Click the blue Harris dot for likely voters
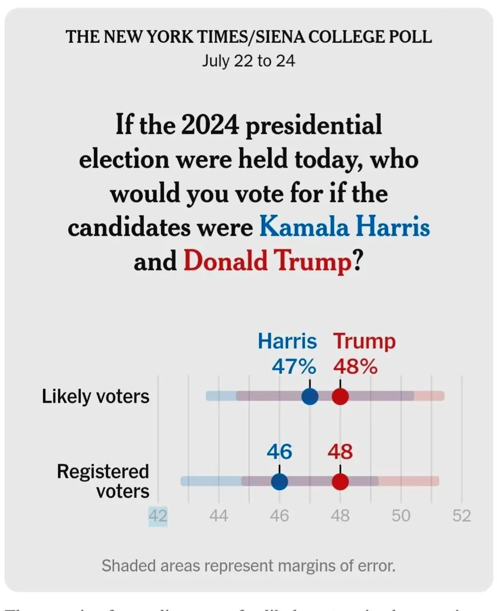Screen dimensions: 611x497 pyautogui.click(x=309, y=396)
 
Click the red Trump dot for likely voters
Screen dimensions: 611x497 pyautogui.click(x=340, y=396)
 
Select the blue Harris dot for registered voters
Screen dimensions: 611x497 pyautogui.click(x=279, y=481)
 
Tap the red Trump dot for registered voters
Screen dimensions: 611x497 pyautogui.click(x=340, y=481)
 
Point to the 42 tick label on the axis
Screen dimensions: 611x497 pyautogui.click(x=158, y=516)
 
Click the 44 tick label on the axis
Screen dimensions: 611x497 pyautogui.click(x=219, y=516)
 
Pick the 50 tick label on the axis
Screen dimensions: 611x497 pyautogui.click(x=401, y=516)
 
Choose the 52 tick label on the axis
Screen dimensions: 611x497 pyautogui.click(x=462, y=516)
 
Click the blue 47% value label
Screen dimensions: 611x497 pyautogui.click(x=293, y=366)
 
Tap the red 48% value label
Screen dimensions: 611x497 pyautogui.click(x=355, y=366)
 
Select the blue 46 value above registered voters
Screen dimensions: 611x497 pyautogui.click(x=279, y=452)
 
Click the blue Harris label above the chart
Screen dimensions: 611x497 pyautogui.click(x=287, y=341)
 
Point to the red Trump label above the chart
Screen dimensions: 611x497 pyautogui.click(x=364, y=341)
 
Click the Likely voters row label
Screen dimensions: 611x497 pyautogui.click(x=96, y=396)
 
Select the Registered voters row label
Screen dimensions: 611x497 pyautogui.click(x=103, y=481)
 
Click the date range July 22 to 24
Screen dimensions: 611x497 pyautogui.click(x=248, y=61)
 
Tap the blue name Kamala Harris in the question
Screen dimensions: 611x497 pyautogui.click(x=345, y=228)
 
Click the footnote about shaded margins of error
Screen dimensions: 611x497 pyautogui.click(x=248, y=565)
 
